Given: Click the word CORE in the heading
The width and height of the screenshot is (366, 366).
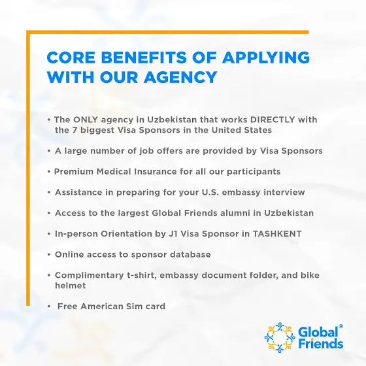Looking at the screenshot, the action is click(x=71, y=58).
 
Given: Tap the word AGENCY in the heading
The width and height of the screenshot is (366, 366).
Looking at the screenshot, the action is click(x=180, y=77).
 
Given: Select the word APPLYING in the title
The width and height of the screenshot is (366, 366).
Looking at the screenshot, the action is click(x=265, y=58).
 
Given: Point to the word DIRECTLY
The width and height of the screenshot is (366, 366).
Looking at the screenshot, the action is click(x=273, y=120).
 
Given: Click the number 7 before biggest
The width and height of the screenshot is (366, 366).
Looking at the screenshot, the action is click(x=75, y=130).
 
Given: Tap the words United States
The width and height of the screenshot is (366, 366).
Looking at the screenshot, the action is click(x=242, y=130).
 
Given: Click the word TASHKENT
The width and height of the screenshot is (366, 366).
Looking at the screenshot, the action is click(x=277, y=234).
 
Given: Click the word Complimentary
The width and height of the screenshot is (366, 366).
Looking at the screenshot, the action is click(x=89, y=275).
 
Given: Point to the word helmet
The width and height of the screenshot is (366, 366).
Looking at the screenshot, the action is click(x=71, y=286).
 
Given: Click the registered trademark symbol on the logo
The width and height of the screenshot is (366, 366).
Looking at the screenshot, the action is click(x=341, y=326).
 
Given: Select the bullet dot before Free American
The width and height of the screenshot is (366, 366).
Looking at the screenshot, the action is click(x=49, y=307).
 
